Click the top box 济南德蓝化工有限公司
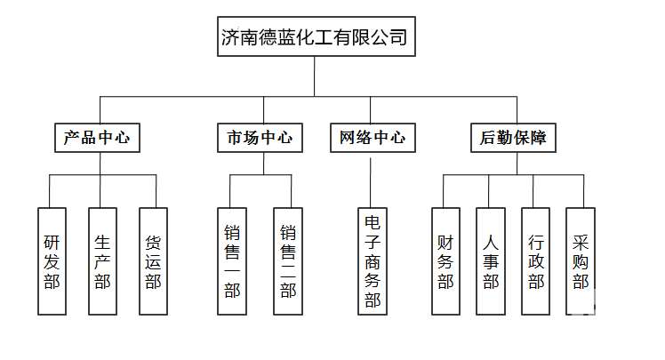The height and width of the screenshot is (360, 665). (x=315, y=37)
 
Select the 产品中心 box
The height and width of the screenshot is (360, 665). (x=98, y=138)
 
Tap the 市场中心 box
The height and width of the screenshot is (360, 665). (x=260, y=138)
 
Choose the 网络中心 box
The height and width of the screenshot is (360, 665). (x=372, y=138)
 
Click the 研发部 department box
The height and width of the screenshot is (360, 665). (x=52, y=261)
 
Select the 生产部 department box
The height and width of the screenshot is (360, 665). (x=102, y=261)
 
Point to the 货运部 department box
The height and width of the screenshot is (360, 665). (x=153, y=261)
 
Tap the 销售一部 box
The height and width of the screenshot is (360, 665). (x=232, y=261)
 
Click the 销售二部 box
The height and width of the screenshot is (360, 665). (x=288, y=261)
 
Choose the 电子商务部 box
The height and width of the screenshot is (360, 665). (x=372, y=261)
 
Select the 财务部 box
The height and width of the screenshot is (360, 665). (x=445, y=261)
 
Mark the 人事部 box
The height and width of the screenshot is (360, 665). (x=491, y=261)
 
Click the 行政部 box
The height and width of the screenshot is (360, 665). (x=536, y=261)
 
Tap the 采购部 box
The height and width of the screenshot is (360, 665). (x=581, y=261)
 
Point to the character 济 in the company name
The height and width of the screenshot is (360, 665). (x=232, y=37)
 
